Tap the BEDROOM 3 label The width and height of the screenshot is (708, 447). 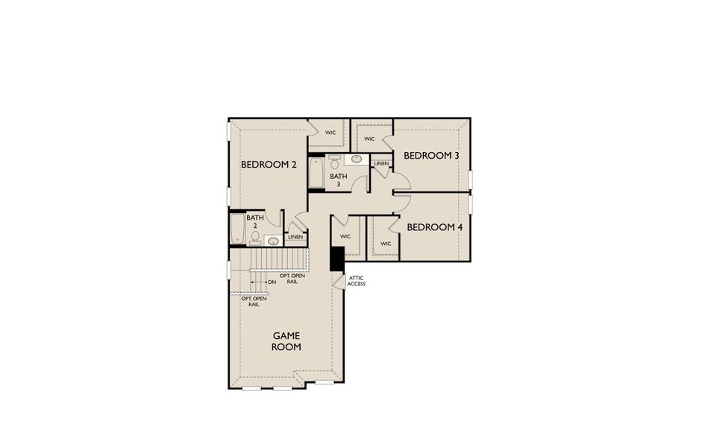431,156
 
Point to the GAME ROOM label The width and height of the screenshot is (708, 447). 286,341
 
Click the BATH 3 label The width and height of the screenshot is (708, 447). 339,180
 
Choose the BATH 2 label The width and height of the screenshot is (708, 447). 255,221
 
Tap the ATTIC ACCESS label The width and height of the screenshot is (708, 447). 357,281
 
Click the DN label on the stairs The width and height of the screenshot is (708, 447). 272,282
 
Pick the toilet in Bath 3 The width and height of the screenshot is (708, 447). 334,161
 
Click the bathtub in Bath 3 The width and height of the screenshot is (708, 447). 316,174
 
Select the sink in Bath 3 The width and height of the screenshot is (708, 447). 357,159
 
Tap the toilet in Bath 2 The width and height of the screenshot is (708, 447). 255,238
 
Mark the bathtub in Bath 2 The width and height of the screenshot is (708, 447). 238,229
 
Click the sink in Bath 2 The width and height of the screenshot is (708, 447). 273,241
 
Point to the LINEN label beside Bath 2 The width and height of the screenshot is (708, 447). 295,238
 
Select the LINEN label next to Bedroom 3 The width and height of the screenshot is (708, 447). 380,163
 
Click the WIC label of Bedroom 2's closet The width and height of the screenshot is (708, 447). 330,133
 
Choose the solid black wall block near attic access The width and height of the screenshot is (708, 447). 336,259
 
